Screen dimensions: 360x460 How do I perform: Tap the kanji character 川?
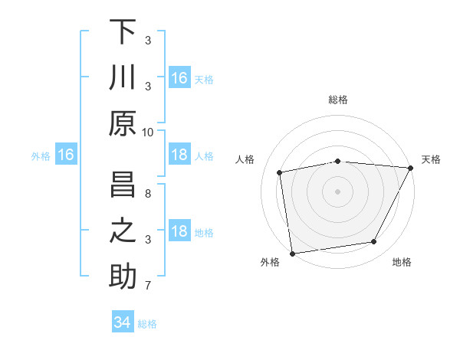coord(123,78)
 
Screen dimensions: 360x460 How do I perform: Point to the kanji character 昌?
coord(123,185)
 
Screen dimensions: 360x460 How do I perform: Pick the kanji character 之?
coord(123,231)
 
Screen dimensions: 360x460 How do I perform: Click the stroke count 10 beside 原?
coord(148,132)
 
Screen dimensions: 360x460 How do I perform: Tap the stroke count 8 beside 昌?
coord(148,194)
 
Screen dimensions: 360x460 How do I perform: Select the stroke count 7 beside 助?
coord(148,286)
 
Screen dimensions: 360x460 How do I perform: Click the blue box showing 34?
coord(122,322)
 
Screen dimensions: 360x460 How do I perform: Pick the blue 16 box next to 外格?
coord(66,155)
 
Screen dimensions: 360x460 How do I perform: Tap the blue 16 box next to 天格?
coord(179,78)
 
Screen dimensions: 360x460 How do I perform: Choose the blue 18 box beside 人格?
coord(179,155)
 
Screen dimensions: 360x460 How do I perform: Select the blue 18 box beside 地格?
coord(179,232)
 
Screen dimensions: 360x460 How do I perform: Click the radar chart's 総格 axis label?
coord(338,100)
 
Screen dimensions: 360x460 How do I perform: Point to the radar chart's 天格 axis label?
coord(431,159)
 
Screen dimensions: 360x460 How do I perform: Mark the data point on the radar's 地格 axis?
coord(374,242)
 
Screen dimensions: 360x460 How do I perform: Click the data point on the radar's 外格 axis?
coord(292,254)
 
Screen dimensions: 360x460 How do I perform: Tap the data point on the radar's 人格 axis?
coord(280,172)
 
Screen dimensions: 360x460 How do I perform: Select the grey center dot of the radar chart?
coord(337,191)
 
